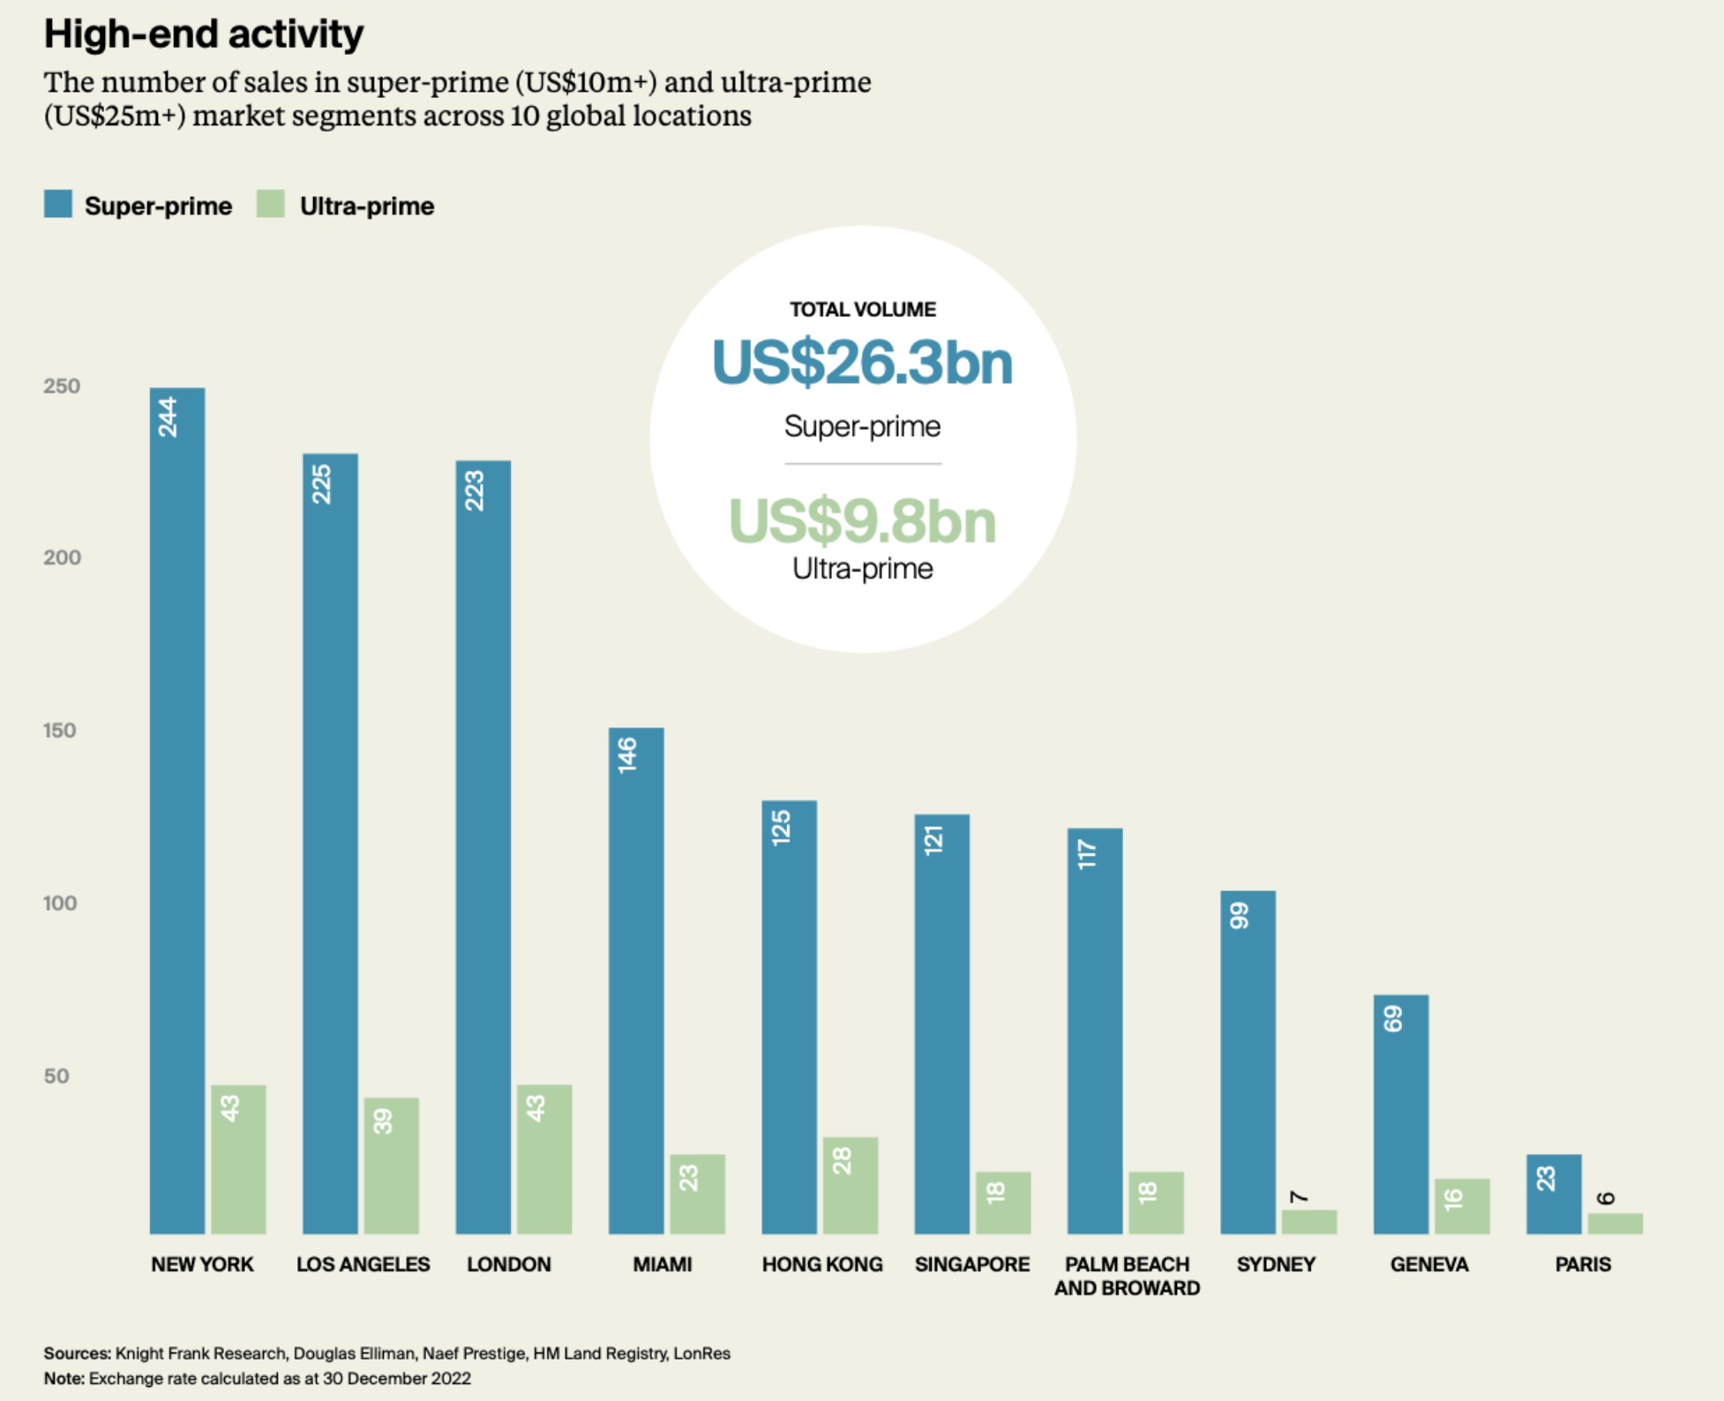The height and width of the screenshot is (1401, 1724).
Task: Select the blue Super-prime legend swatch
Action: point(58,204)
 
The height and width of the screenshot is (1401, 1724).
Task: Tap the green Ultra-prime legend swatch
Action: point(271,204)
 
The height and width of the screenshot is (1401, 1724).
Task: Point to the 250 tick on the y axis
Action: point(62,386)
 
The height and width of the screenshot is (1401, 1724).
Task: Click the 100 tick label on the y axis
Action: point(60,903)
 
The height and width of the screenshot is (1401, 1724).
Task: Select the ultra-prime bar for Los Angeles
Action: point(391,1165)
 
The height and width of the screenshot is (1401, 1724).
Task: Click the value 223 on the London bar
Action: point(475,491)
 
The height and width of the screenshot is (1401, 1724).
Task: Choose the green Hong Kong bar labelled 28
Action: point(851,1185)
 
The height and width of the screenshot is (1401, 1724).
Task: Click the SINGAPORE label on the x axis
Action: point(972,1264)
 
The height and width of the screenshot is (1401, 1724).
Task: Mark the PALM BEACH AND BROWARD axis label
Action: point(1127,1276)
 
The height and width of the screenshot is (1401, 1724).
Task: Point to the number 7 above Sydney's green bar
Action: point(1299,1197)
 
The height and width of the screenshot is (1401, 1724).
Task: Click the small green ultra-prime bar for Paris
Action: point(1615,1224)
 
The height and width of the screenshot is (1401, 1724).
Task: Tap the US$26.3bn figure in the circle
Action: point(862,363)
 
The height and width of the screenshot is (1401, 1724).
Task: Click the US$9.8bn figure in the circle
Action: point(862,521)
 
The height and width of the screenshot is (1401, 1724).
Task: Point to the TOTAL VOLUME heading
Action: point(862,310)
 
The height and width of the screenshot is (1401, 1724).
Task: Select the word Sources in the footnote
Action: point(77,1353)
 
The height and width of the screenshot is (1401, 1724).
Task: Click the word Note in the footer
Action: point(64,1378)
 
